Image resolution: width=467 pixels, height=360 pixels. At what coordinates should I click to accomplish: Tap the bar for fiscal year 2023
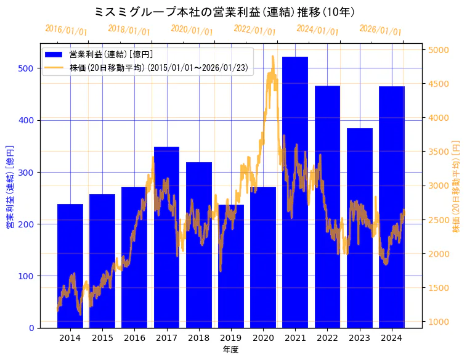click(x=360, y=228)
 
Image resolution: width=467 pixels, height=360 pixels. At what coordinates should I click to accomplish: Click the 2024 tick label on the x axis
click(x=392, y=338)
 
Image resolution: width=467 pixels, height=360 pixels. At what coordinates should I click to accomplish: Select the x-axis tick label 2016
click(x=134, y=338)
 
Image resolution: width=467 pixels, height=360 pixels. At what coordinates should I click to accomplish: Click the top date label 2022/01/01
click(x=255, y=30)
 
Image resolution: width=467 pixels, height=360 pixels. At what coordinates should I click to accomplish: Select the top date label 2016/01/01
click(x=67, y=30)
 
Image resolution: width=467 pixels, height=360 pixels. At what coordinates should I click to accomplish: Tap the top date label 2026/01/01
click(x=380, y=30)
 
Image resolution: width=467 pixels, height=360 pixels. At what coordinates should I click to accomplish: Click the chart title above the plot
click(x=225, y=12)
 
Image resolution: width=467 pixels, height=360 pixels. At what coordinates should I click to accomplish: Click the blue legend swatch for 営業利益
click(x=54, y=55)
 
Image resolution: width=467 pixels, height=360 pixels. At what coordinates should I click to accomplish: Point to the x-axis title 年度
click(x=230, y=350)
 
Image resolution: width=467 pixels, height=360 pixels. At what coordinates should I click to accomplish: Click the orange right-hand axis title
click(x=457, y=186)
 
